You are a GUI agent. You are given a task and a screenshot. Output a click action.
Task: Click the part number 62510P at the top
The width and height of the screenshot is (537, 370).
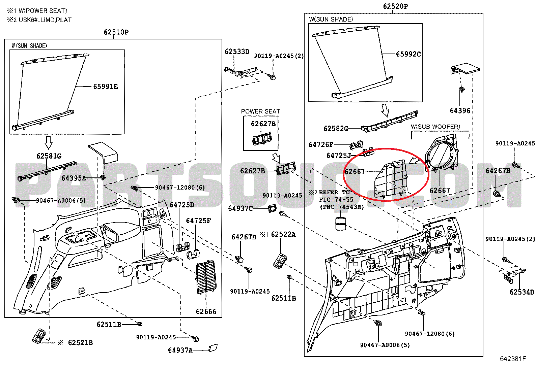click(116, 32)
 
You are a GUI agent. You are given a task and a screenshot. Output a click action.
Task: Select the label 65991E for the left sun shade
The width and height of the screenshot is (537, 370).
click(106, 87)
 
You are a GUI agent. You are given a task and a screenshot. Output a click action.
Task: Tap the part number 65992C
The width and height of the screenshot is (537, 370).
click(408, 54)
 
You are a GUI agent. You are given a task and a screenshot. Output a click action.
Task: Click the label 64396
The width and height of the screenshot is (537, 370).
click(460, 111)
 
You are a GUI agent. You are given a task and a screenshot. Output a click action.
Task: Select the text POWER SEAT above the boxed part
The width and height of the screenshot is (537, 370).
click(260, 111)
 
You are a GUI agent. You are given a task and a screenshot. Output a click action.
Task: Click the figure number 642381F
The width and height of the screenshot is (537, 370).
click(513, 359)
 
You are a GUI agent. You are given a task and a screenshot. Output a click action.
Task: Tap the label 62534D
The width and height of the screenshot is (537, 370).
click(522, 292)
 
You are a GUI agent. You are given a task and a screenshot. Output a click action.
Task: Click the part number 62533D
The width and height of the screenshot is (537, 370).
click(237, 52)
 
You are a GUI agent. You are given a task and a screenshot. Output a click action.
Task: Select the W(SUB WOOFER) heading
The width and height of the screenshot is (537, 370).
click(435, 127)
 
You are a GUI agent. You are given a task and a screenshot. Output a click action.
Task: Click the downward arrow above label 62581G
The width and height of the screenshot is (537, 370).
click(49, 142)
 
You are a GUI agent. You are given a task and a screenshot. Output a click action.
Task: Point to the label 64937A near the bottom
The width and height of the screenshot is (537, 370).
click(180, 350)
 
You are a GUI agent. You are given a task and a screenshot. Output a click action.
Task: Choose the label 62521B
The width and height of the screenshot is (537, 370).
click(80, 343)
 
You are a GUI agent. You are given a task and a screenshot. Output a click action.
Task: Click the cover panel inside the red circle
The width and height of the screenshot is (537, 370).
click(391, 178)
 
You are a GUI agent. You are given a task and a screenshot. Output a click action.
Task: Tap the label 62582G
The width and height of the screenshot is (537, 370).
click(336, 129)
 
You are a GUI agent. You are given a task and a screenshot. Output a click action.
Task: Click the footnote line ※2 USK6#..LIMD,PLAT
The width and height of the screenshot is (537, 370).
click(39, 20)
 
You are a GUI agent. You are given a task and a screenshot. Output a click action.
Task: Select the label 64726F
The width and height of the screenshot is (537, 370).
click(321, 145)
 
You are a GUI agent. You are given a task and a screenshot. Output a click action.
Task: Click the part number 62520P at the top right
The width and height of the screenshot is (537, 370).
click(395, 6)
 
